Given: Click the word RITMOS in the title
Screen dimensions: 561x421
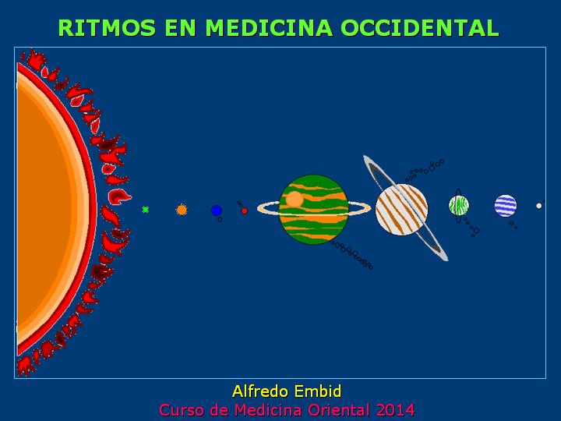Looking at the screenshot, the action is point(107,27).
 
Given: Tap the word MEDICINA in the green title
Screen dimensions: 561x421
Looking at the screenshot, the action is point(269,27).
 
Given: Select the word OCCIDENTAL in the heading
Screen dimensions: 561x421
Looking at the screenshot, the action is point(420,27).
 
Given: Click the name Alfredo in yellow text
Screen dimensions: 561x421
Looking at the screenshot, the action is point(259,391).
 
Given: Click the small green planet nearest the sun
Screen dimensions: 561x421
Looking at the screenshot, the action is point(145,210).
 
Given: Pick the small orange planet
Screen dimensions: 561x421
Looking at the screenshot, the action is point(182,210).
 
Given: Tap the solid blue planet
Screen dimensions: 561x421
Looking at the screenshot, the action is point(217,210).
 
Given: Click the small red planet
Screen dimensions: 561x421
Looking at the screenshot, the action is point(245,210).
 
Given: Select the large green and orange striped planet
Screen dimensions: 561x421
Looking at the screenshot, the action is point(313,210).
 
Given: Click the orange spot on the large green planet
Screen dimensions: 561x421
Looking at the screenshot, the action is point(295,199).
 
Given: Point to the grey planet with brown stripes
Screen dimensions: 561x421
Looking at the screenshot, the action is point(401,210).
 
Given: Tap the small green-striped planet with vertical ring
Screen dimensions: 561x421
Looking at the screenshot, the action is point(459,206).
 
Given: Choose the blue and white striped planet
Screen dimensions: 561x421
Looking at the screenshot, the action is point(506,206).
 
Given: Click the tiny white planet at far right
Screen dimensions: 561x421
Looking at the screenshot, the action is point(539,206).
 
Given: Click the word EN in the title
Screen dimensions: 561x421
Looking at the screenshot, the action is point(181,27).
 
